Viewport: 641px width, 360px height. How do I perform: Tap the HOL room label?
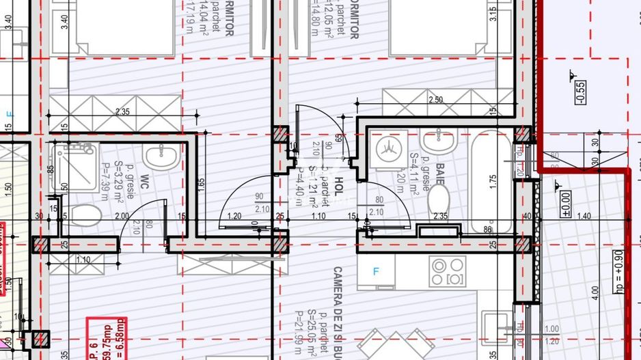click(338, 189)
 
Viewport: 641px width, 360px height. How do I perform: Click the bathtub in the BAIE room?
click(491, 181)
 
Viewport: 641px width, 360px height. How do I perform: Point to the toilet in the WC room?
click(84, 216)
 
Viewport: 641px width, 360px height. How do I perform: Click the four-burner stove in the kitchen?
click(448, 271)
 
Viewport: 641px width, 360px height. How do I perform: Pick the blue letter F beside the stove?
click(375, 271)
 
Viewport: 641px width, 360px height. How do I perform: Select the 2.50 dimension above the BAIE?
click(435, 100)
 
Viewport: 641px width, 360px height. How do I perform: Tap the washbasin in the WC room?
click(161, 156)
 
